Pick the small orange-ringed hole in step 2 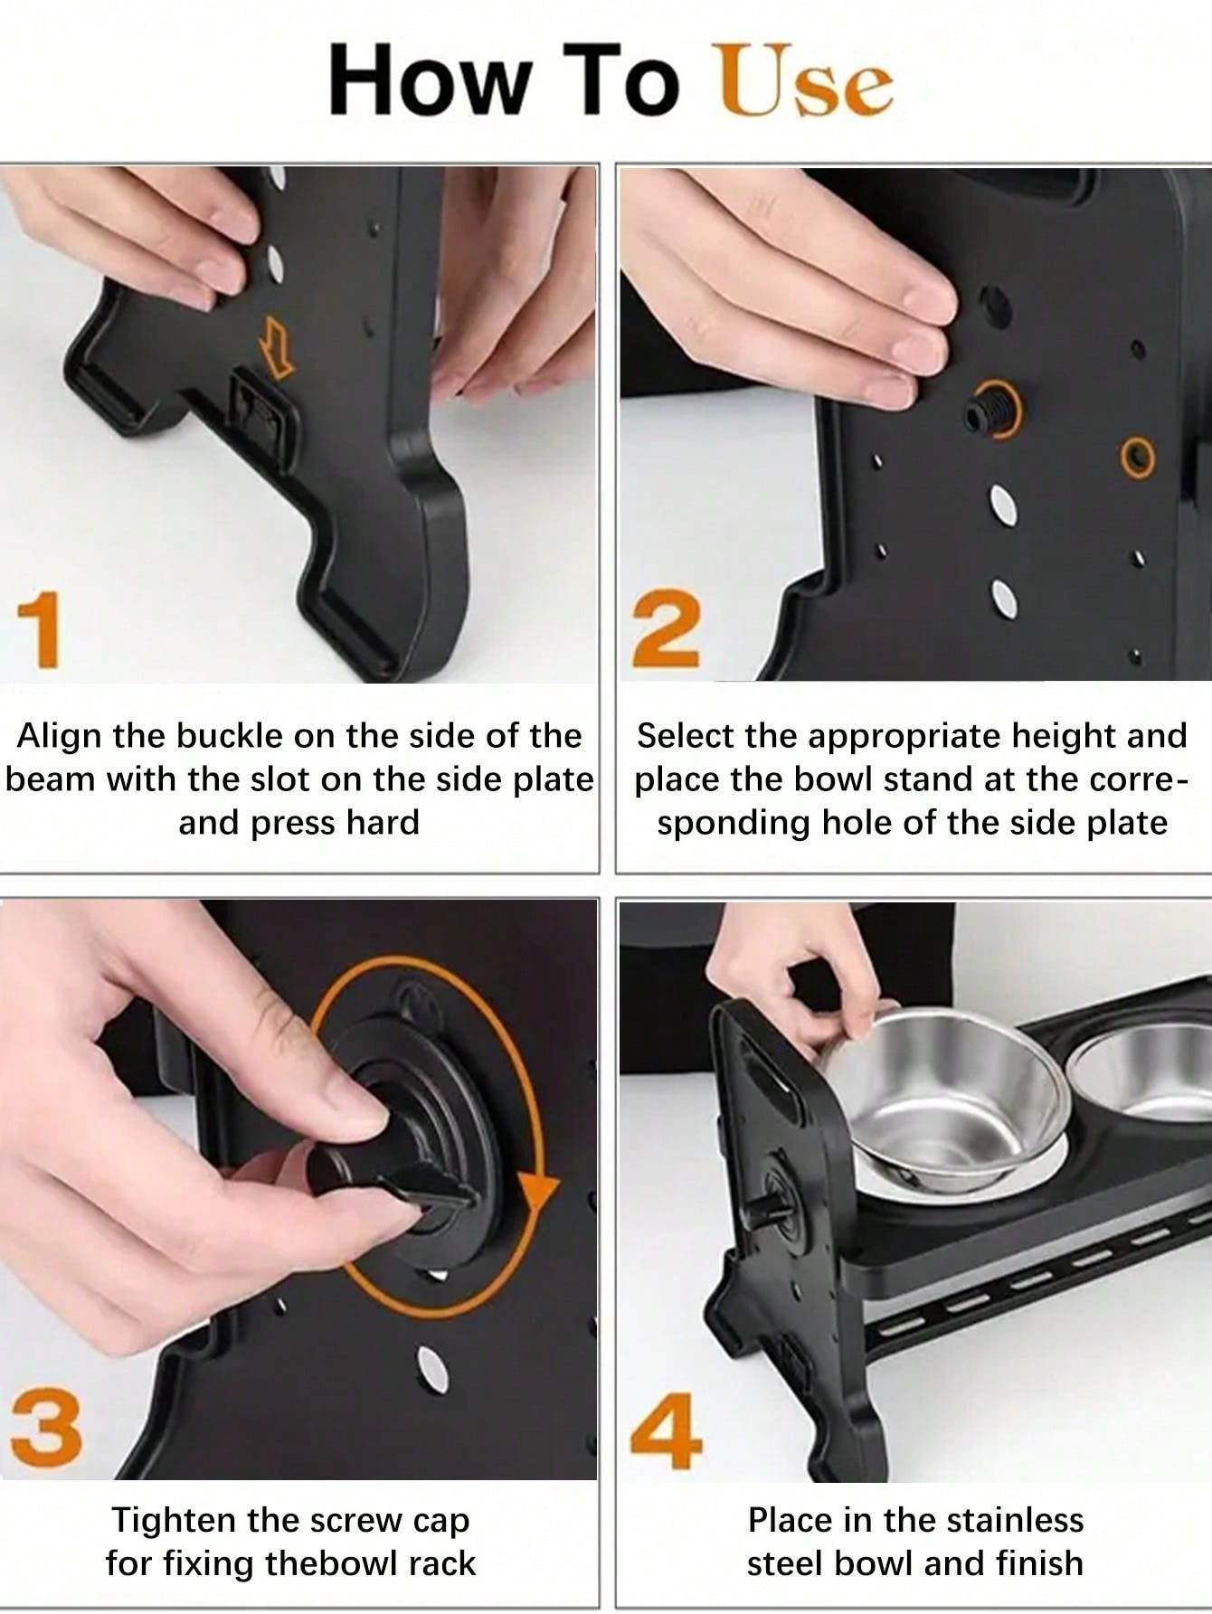pos(1138,458)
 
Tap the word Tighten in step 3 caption pos(171,1521)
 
